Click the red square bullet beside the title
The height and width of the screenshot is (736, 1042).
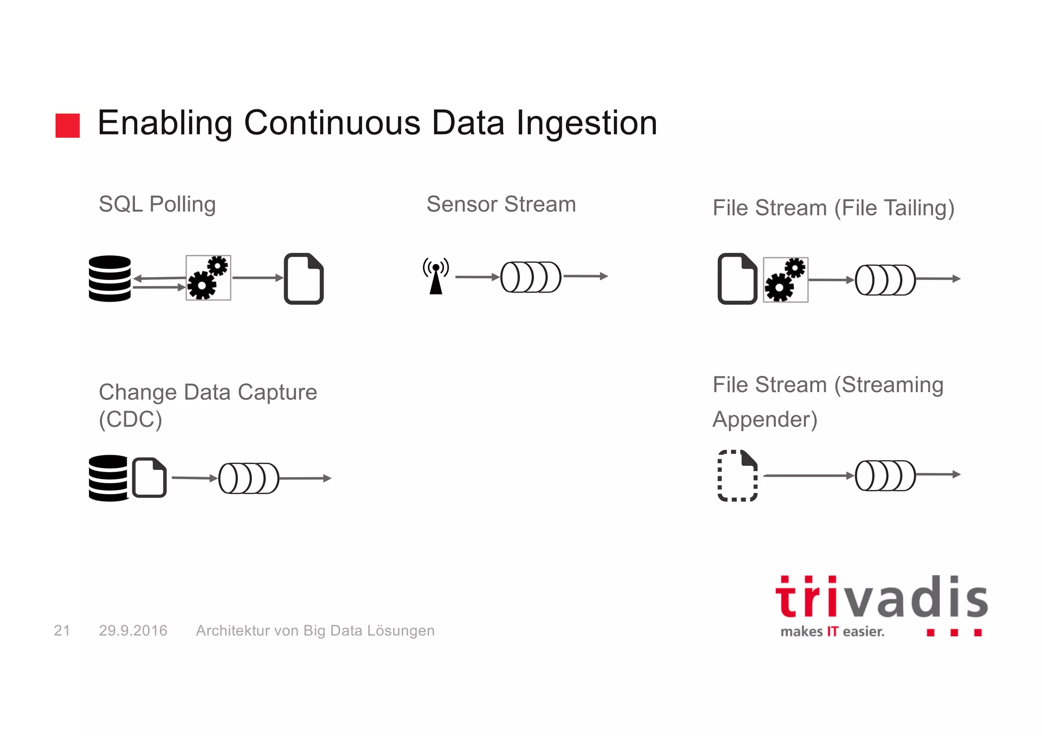[x=68, y=126]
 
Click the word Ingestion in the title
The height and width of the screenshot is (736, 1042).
[x=587, y=124]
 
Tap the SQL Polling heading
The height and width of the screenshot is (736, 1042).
[x=157, y=204]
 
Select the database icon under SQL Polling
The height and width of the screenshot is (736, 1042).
[x=109, y=278]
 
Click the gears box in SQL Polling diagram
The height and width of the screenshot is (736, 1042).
[x=208, y=278]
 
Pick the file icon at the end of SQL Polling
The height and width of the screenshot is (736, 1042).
[x=304, y=279]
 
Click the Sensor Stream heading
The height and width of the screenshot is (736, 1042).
[x=501, y=204]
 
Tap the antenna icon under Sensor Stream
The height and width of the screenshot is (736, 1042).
[x=436, y=276]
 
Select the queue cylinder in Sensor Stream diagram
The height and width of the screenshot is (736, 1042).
[x=531, y=277]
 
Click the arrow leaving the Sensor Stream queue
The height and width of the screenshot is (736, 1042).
[x=586, y=276]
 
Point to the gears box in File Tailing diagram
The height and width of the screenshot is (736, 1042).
[x=786, y=280]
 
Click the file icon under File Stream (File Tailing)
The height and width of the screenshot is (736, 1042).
[x=737, y=279]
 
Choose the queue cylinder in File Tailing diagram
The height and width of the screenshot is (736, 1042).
[x=885, y=280]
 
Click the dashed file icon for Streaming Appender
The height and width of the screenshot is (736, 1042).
[x=737, y=476]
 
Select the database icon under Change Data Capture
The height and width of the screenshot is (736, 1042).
[x=108, y=478]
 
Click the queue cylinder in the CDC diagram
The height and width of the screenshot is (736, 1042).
[x=249, y=478]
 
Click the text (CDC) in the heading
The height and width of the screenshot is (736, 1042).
[x=130, y=420]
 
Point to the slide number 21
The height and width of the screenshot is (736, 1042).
[x=62, y=631]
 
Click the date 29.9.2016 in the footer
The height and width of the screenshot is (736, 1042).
[x=133, y=631]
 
